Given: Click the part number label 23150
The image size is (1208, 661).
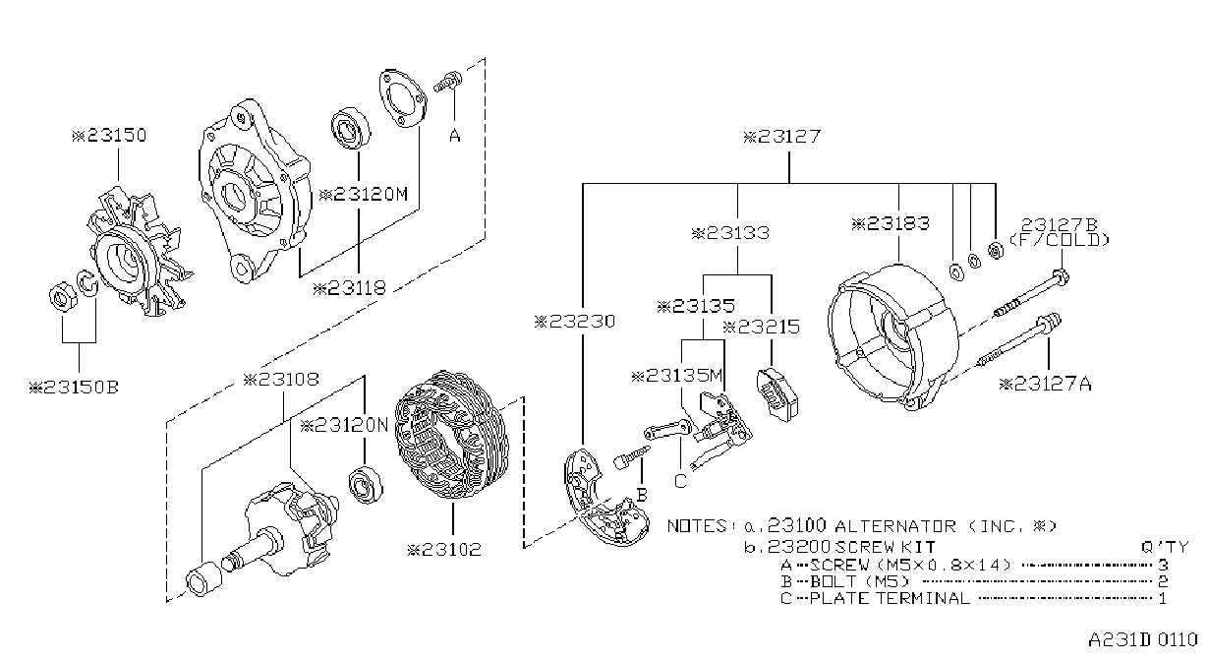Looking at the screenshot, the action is [x=109, y=135].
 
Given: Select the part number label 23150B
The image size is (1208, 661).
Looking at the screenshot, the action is [x=74, y=387].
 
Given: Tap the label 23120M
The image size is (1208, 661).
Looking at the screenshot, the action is [x=364, y=194].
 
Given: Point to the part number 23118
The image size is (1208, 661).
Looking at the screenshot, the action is [x=350, y=288].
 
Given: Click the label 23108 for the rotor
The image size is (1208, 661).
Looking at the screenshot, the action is [x=281, y=380].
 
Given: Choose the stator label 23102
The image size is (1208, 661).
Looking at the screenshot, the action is [x=444, y=550].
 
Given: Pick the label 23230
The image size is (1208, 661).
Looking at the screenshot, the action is [x=574, y=322].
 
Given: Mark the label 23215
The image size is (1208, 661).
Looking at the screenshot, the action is [x=761, y=327].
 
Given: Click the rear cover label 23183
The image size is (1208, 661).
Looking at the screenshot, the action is [x=891, y=223].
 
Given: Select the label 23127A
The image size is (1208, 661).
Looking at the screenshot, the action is [x=1045, y=385].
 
